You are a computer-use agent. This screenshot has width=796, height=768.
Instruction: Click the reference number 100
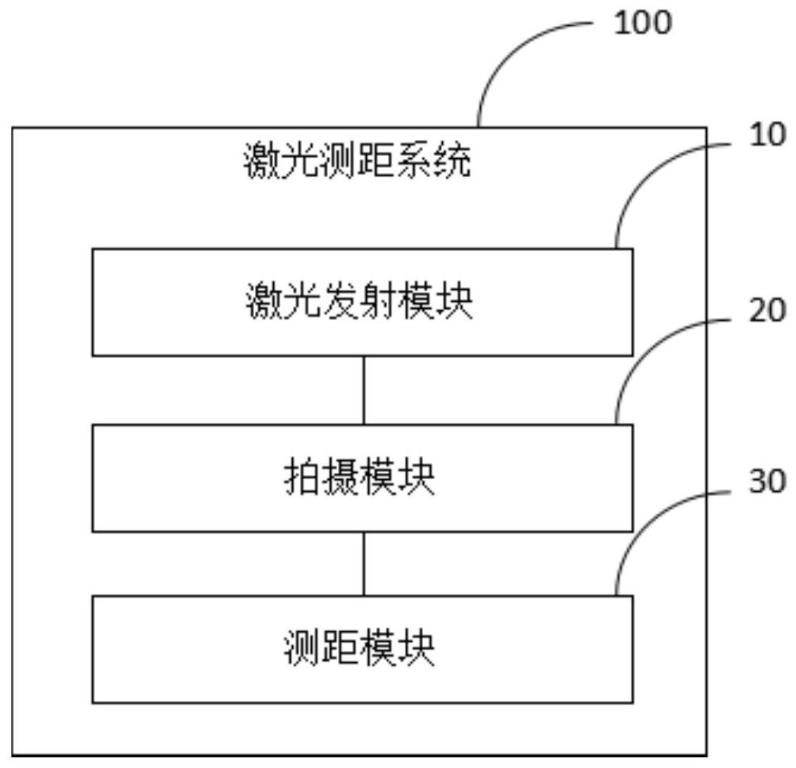tap(643, 24)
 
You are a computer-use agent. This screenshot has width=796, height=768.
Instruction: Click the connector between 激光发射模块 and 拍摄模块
tap(364, 390)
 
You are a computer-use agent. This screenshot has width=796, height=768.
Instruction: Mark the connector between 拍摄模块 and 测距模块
tap(364, 563)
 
